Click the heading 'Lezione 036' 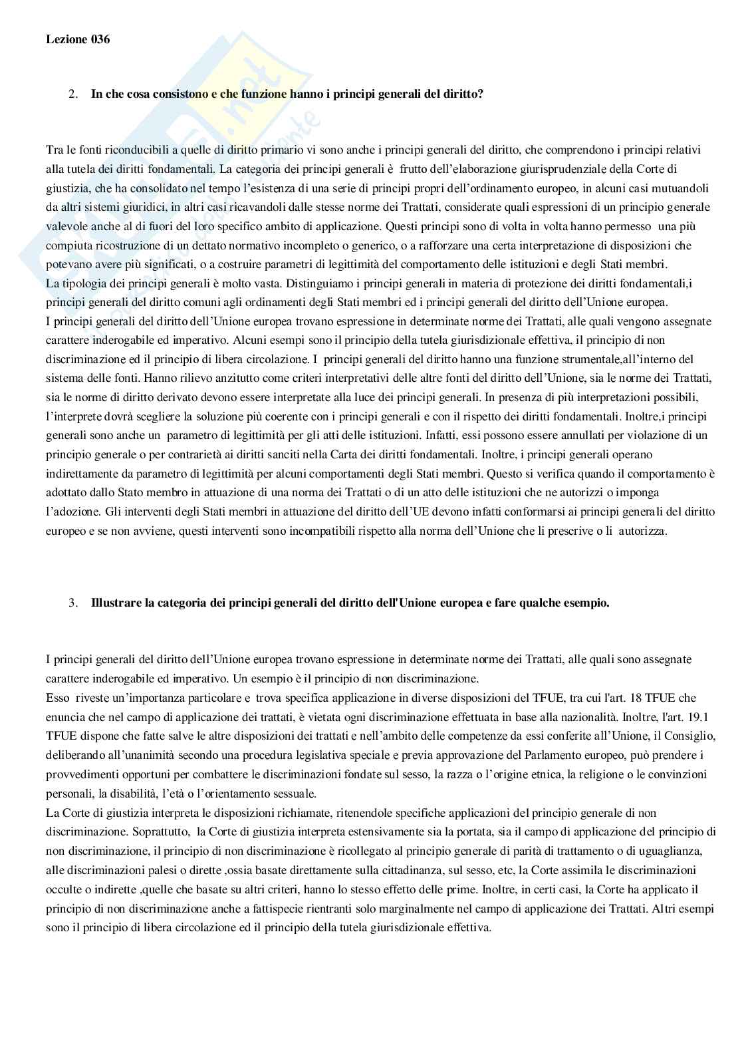[x=78, y=39]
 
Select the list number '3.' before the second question [x=73, y=603]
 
